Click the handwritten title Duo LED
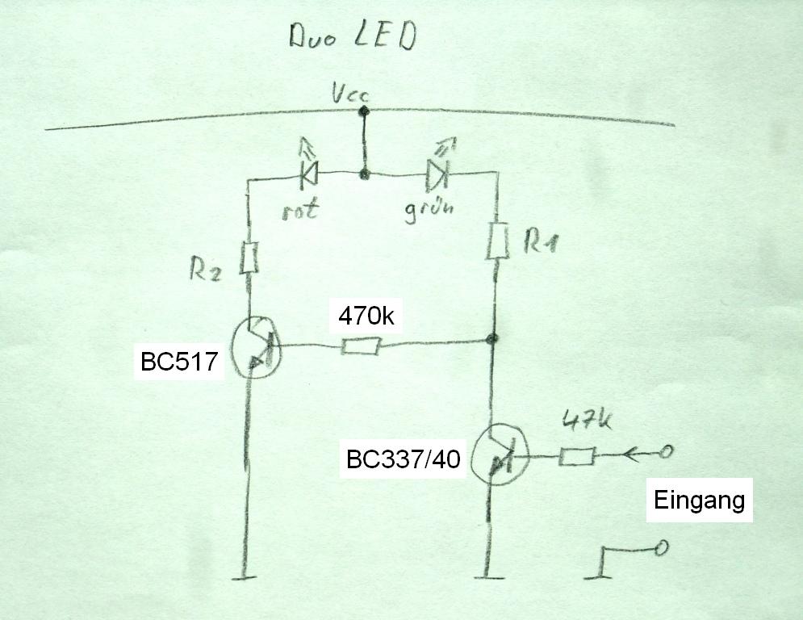pyautogui.click(x=353, y=37)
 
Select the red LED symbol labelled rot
pyautogui.click(x=307, y=172)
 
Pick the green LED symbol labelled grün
pyautogui.click(x=436, y=173)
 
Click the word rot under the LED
pyautogui.click(x=300, y=209)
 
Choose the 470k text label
pyautogui.click(x=366, y=316)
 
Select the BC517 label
pyautogui.click(x=179, y=362)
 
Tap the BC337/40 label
pyautogui.click(x=403, y=460)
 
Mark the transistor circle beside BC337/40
pyautogui.click(x=498, y=455)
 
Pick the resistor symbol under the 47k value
pyautogui.click(x=576, y=457)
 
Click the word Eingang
pyautogui.click(x=698, y=501)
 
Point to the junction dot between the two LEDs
pyautogui.click(x=365, y=173)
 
